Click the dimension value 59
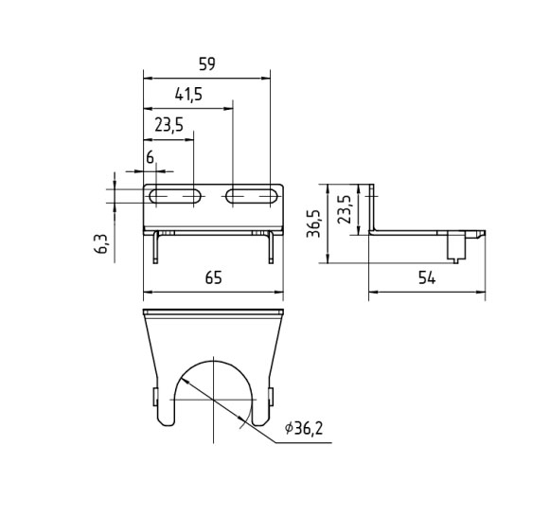[206, 64]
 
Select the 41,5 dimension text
[188, 95]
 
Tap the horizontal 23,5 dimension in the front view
[169, 125]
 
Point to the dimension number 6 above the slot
[151, 157]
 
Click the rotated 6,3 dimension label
[101, 244]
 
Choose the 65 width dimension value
[214, 277]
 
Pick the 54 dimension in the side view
[427, 278]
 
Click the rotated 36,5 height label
[313, 223]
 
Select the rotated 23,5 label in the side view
[345, 209]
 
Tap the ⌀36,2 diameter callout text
[304, 428]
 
